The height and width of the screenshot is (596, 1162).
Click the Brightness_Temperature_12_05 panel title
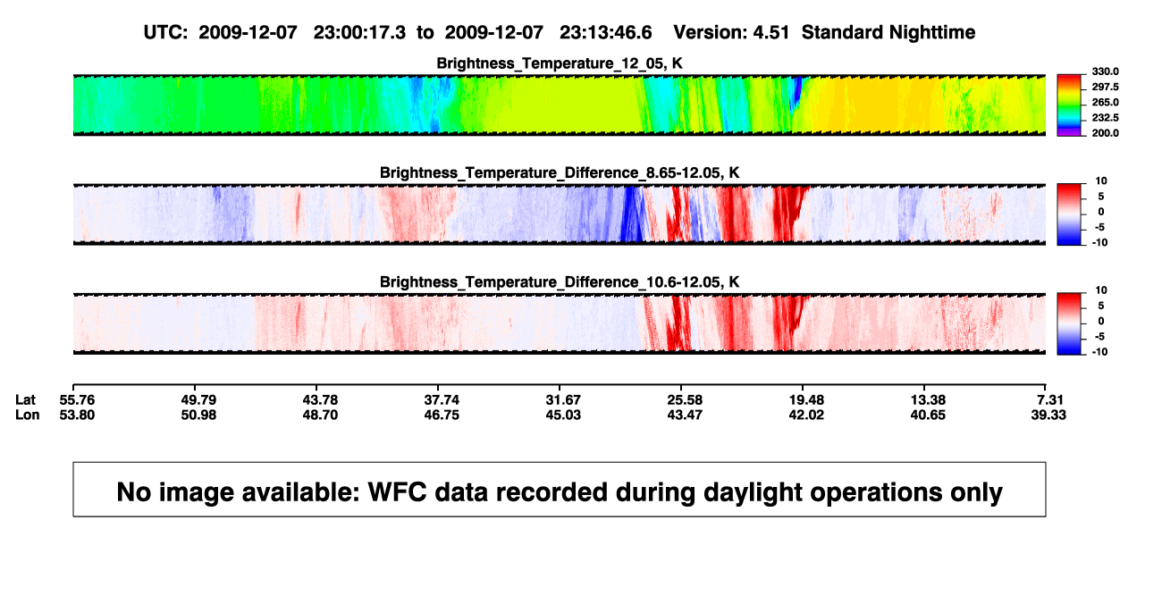[560, 63]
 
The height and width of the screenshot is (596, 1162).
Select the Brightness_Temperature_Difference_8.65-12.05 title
[560, 172]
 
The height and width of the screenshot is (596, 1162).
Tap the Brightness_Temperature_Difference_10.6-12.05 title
[560, 282]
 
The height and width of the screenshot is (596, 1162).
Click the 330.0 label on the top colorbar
[1105, 71]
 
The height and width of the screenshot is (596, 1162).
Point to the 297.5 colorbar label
[1105, 87]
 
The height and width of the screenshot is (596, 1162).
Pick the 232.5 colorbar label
[1105, 118]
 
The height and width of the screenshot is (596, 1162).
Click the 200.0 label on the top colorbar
[1105, 133]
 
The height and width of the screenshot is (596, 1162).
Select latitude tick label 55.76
[77, 400]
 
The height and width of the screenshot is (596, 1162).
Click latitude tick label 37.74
[442, 400]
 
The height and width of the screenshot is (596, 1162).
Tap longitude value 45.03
[563, 415]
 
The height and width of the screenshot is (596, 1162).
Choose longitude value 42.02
[806, 415]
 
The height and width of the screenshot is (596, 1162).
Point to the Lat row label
[25, 400]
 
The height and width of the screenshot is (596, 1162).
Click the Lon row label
[28, 415]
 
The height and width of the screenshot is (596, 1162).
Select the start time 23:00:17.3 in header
[359, 33]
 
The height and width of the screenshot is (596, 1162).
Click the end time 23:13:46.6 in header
[605, 33]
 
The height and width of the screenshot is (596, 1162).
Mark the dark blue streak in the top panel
[796, 93]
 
